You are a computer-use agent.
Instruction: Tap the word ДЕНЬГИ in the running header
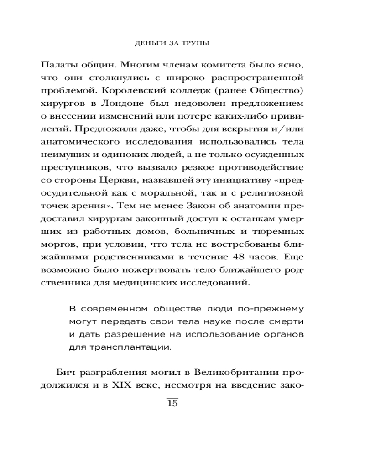point(144,44)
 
